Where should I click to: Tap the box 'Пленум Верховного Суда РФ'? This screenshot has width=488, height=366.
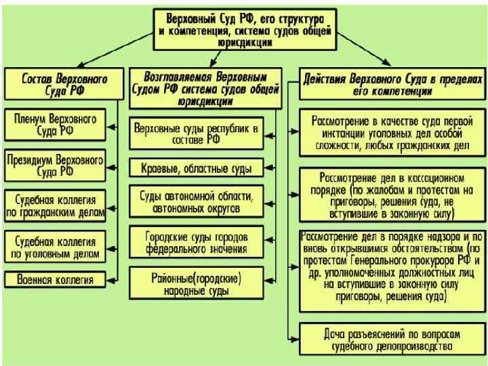tap(55, 124)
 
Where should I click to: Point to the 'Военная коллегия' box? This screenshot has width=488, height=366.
tap(55, 279)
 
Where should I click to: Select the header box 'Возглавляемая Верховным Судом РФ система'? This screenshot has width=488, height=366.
tap(206, 87)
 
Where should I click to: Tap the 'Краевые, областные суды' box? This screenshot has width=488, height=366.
tap(197, 167)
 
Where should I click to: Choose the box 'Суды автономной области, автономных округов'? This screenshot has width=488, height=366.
tap(197, 203)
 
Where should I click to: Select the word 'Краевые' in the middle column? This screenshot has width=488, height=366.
tap(157, 167)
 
